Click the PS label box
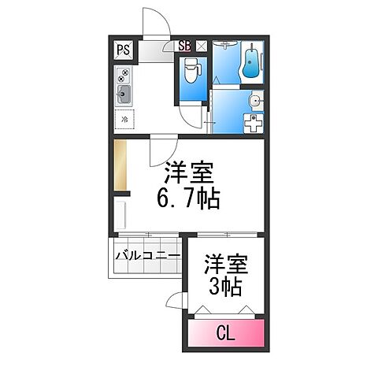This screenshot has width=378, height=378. tap(124, 50)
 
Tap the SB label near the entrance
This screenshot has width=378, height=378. tap(185, 46)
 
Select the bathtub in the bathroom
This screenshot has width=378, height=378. tap(249, 64)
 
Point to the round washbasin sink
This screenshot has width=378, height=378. tap(254, 101)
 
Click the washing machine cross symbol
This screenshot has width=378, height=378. tap(252, 124)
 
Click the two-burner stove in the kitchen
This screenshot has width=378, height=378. tap(124, 76)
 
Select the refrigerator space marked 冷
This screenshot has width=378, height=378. tap(124, 120)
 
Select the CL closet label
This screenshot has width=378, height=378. tap(226, 333)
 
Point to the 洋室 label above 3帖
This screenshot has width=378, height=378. tap(226, 261)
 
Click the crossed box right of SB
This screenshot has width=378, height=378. tap(201, 46)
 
